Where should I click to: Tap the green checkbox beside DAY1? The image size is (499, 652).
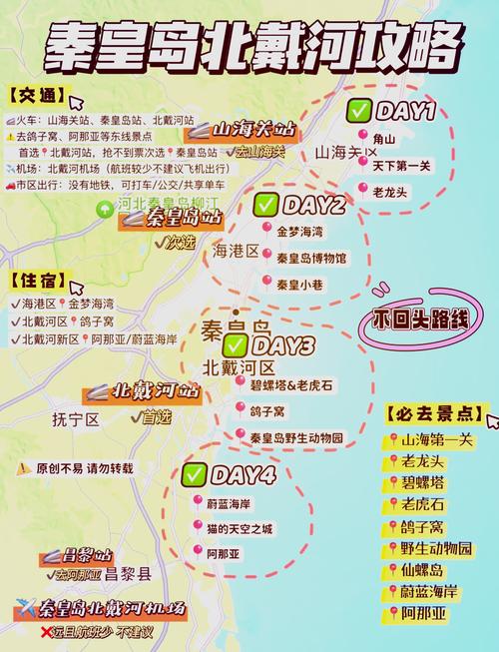point(359,111)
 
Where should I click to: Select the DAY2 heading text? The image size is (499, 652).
point(313,206)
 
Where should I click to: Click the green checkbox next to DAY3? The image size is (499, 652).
point(236,346)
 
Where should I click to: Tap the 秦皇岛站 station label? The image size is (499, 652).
point(183,218)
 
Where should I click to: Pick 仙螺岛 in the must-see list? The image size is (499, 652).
point(429,570)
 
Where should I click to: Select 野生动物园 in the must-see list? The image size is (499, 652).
point(437,548)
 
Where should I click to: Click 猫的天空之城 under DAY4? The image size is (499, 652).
point(240,528)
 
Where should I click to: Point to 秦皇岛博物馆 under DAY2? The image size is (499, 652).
point(311,258)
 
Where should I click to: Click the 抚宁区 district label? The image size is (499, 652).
point(75,420)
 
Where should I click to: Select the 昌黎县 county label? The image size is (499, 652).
point(130,574)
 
